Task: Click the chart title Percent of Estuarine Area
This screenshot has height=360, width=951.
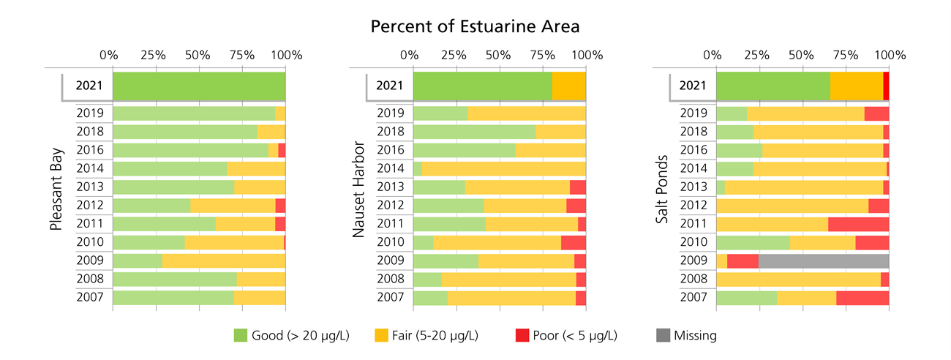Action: pos(475,27)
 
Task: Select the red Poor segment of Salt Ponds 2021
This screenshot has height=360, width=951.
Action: pos(886,86)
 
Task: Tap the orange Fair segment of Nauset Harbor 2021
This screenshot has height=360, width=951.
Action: pos(568,86)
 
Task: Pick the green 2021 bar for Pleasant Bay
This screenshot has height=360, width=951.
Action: pos(199,86)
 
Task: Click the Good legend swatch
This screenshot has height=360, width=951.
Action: pos(241,336)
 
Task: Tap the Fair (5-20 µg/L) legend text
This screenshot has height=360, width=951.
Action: pos(437,336)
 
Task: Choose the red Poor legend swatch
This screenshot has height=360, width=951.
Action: pos(522,336)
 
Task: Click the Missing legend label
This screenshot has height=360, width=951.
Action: pos(695,336)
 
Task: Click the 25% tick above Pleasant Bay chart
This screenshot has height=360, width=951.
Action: pos(154,55)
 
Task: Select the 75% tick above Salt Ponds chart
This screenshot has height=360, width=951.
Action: pos(846,55)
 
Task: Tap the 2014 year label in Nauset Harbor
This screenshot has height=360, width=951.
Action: pos(391,168)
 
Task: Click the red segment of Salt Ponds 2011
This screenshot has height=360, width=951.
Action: pos(858,224)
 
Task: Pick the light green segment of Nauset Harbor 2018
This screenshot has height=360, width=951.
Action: pos(474,132)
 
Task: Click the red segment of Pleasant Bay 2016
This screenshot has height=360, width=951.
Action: pos(282,150)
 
